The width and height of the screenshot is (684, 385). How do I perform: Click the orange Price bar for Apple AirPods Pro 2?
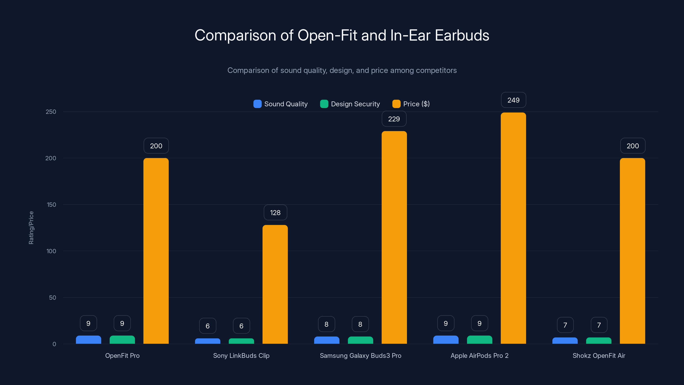[x=513, y=228]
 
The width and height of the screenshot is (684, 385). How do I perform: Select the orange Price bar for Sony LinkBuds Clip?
[x=275, y=284]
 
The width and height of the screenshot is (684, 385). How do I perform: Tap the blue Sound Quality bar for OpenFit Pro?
[x=88, y=340]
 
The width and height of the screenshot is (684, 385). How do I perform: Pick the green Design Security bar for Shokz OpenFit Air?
[x=598, y=341]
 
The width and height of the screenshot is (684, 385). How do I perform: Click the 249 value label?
[x=513, y=100]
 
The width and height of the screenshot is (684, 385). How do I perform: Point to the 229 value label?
[x=394, y=119]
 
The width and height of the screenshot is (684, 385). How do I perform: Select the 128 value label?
[x=275, y=213]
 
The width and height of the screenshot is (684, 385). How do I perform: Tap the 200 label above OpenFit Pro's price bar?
[x=156, y=146]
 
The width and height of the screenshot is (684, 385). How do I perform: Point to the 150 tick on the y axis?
[x=52, y=205]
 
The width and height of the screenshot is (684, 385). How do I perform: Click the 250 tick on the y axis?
[x=51, y=112]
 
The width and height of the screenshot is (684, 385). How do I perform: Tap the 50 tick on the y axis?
[x=53, y=298]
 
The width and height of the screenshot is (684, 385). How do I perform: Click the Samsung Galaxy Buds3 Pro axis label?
[x=360, y=355]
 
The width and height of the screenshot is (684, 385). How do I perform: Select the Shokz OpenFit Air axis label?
[x=598, y=355]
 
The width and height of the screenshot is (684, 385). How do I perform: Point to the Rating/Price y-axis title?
[x=31, y=228]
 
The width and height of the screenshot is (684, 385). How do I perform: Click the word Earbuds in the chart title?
[x=462, y=35]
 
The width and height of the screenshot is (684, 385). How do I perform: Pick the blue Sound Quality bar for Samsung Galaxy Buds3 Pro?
[x=327, y=340]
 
